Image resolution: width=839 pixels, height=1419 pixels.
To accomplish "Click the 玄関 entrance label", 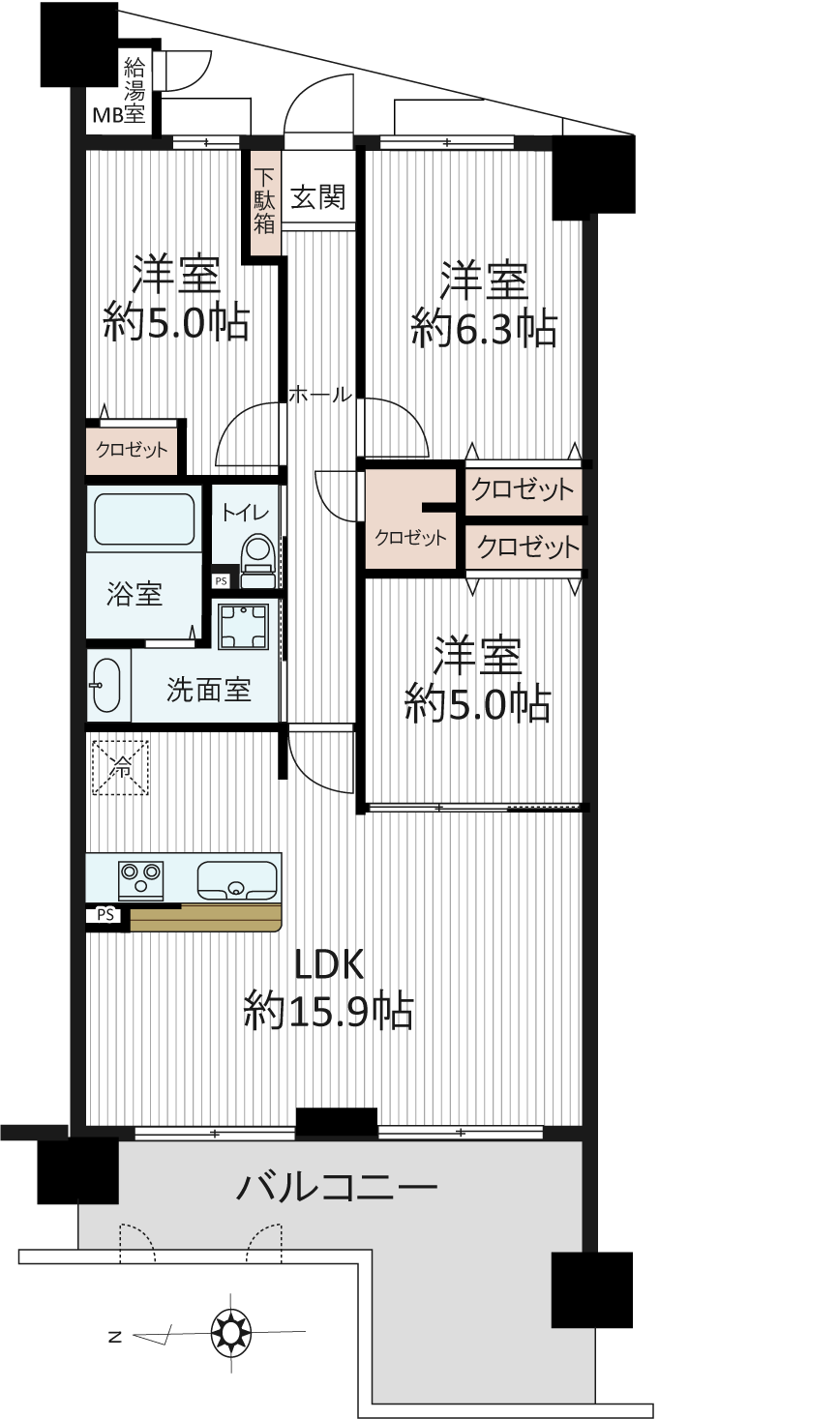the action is click(x=318, y=197).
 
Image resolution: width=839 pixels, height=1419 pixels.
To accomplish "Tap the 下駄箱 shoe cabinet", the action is click(x=265, y=202).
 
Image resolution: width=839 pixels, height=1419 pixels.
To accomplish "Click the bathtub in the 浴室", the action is click(x=144, y=519).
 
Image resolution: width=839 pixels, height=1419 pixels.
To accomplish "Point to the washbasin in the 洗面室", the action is click(x=105, y=686).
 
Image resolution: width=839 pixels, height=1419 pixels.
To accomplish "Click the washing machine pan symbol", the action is click(x=243, y=626).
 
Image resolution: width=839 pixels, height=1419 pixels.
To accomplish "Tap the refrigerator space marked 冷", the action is click(x=120, y=768).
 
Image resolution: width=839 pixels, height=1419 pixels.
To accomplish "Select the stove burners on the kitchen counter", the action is click(x=140, y=880).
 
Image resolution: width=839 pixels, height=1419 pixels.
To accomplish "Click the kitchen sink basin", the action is click(x=237, y=880).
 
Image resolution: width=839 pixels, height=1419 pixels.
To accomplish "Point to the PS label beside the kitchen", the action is click(x=106, y=915).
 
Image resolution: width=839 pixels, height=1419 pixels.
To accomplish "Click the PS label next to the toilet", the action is click(x=221, y=580).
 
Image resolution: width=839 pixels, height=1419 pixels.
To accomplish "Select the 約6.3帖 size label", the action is click(x=484, y=328).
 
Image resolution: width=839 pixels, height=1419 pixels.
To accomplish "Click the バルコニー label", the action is click(x=337, y=1187).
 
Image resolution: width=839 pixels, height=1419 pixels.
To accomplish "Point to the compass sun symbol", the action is click(x=230, y=1332).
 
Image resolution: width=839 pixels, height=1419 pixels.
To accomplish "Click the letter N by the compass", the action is click(x=115, y=1338).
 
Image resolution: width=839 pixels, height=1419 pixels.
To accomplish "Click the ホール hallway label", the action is click(x=320, y=395).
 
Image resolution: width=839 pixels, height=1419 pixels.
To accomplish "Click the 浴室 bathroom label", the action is click(x=135, y=594).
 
